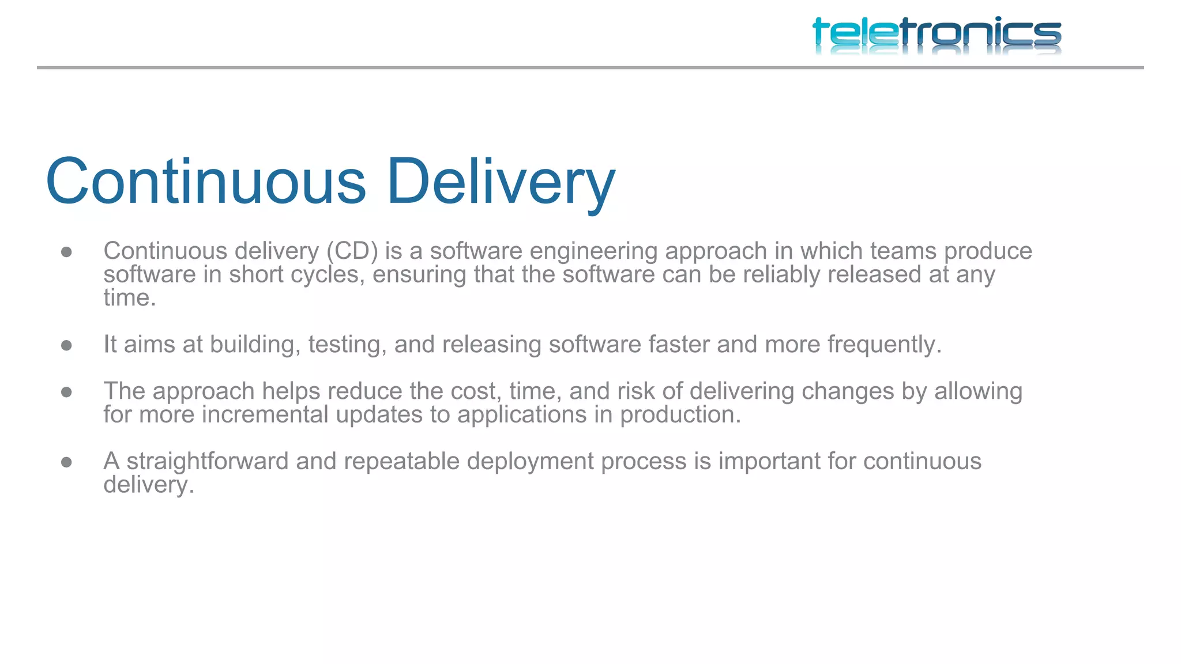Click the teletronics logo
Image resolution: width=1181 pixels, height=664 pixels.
click(936, 34)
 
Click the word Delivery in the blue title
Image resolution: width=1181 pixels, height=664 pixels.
click(501, 182)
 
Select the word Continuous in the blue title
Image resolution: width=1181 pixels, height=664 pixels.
click(206, 182)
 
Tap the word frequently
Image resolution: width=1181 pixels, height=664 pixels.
click(884, 345)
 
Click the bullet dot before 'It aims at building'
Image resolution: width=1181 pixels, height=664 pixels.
click(66, 345)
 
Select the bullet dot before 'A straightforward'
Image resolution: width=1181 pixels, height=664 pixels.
click(66, 462)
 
